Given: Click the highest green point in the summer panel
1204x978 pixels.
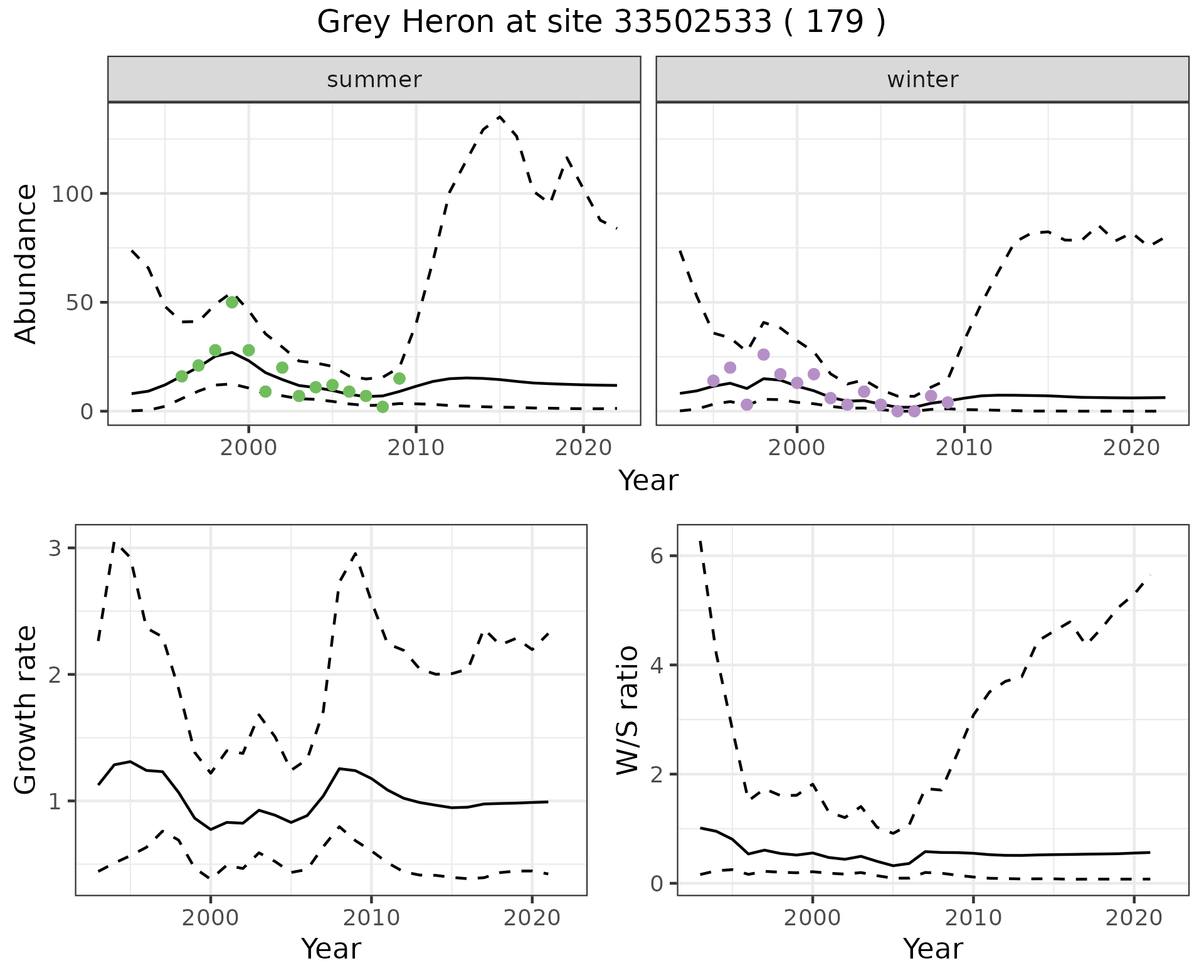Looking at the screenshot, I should [232, 302].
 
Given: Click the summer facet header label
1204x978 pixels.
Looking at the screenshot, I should [374, 80].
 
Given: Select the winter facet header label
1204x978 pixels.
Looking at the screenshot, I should [922, 80].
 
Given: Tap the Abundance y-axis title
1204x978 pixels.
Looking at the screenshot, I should [26, 264].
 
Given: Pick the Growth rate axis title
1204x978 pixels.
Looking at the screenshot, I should [26, 710].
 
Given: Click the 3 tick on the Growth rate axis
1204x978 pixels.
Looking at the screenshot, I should [55, 549].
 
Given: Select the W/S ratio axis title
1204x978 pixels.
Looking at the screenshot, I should [627, 710].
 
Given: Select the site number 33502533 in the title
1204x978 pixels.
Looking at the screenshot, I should [692, 22].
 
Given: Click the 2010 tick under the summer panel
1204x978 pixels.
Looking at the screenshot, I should [416, 448].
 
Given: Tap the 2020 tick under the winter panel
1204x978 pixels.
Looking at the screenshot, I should [1132, 448].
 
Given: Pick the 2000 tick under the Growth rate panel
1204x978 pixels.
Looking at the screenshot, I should [211, 918].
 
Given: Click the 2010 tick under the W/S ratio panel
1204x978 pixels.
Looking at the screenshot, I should [973, 918].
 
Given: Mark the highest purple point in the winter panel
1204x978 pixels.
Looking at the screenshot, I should [763, 355].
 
